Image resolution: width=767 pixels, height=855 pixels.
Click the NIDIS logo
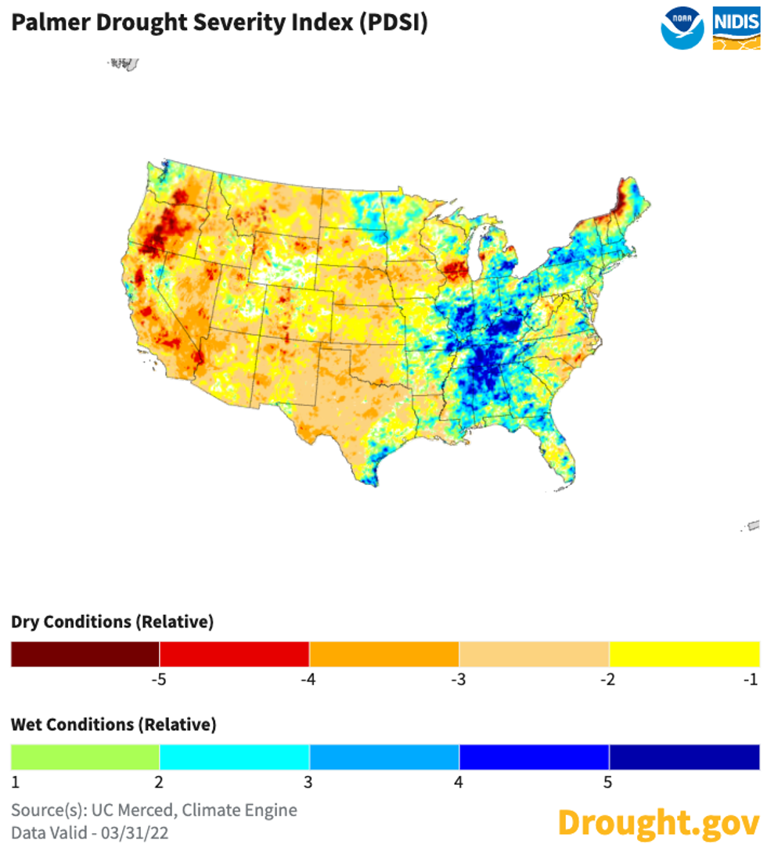[x=736, y=29]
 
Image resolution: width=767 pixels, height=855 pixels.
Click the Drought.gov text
[x=658, y=822]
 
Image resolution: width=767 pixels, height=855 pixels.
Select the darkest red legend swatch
[x=85, y=654]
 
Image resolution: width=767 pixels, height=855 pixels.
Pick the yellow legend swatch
[x=684, y=654]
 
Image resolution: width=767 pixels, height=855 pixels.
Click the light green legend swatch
[x=85, y=757]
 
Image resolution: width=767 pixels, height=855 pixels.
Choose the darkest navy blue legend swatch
[x=684, y=757]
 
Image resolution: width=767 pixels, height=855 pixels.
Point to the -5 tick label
[x=160, y=679]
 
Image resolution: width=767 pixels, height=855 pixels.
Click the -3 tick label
[x=459, y=679]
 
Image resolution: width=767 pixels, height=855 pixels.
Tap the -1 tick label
[x=751, y=679]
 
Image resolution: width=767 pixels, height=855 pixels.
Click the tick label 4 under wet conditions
[x=459, y=781]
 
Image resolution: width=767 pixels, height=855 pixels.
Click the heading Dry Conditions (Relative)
[x=112, y=622]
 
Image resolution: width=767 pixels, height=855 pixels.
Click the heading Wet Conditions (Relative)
[x=113, y=724]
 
